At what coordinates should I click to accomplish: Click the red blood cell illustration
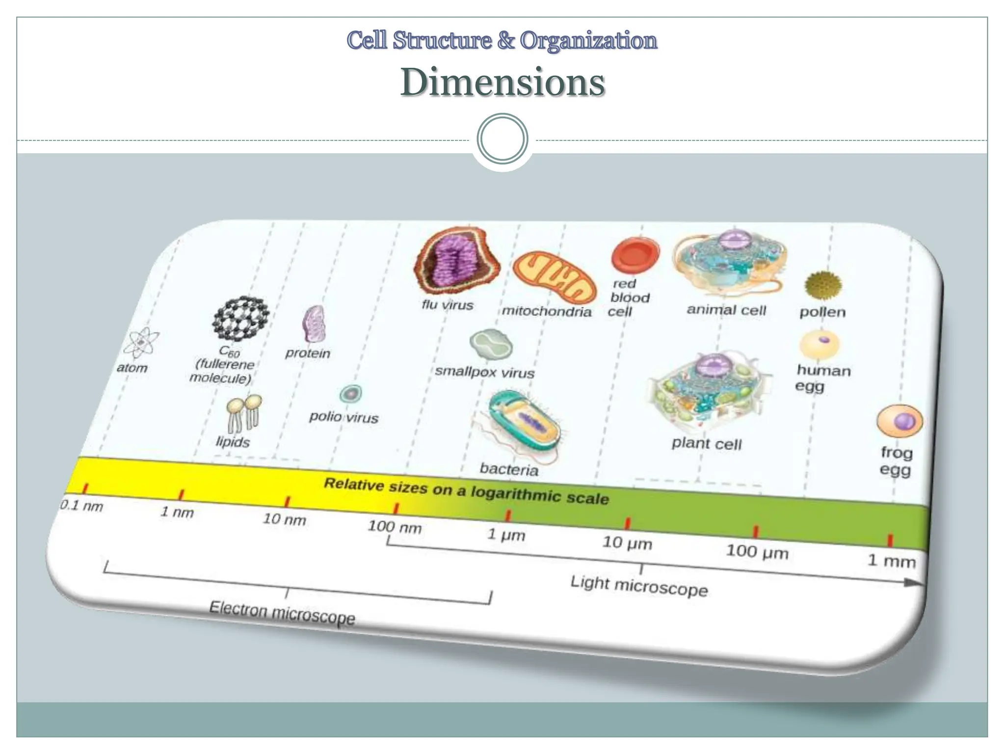point(635,255)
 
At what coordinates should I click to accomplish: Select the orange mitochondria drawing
point(555,278)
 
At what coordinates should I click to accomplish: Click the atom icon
point(141,343)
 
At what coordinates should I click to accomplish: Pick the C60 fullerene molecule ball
point(241,319)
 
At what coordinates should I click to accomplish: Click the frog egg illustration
point(899,421)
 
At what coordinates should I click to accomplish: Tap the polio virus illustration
point(350,394)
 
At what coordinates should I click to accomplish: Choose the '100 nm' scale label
point(395,527)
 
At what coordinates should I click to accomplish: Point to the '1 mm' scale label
point(892,561)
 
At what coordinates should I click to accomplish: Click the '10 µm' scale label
point(627,543)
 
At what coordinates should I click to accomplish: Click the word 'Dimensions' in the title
point(502,82)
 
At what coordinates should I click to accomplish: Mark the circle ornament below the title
point(502,139)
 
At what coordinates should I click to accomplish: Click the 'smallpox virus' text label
point(484,372)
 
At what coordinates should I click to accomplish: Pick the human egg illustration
point(819,344)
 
